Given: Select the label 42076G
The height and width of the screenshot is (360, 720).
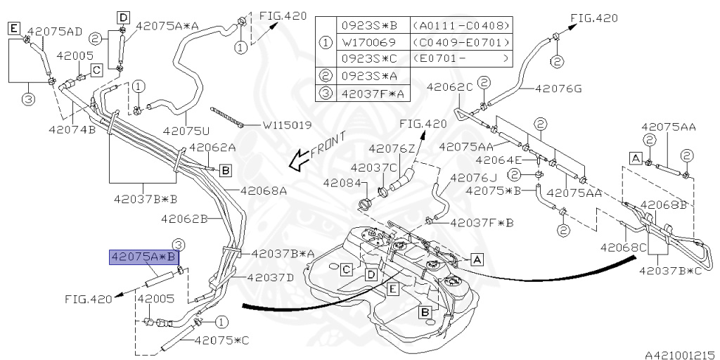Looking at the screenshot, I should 558,89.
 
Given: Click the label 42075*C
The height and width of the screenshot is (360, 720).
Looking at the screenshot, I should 222,340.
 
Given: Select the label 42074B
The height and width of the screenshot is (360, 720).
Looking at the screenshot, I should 72,129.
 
